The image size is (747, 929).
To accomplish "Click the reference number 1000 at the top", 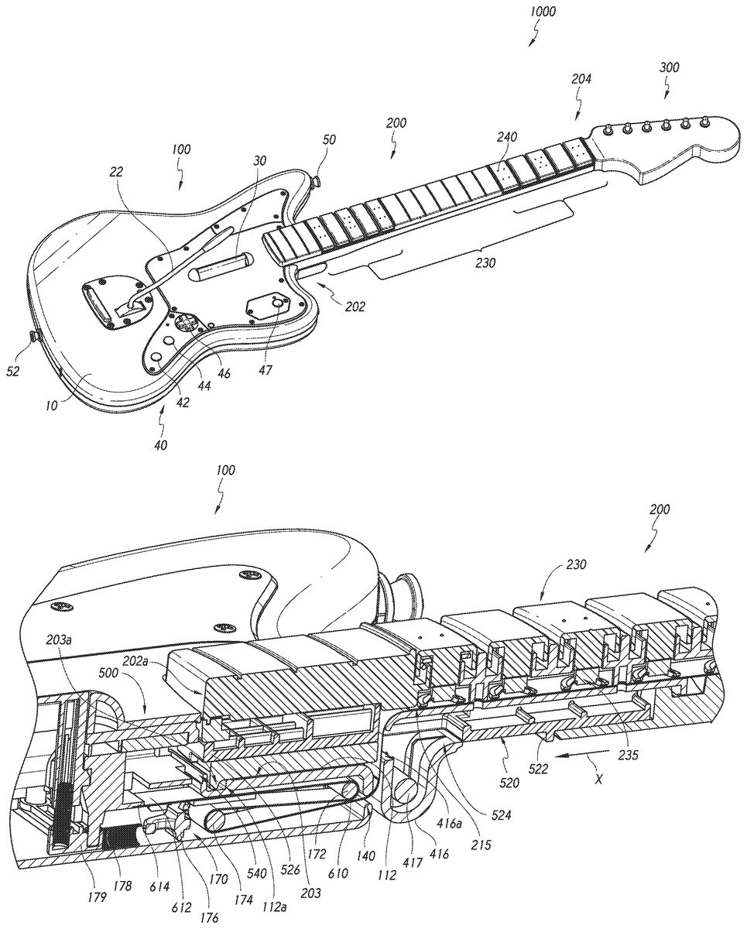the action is (543, 11).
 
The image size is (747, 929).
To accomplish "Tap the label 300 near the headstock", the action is (670, 68).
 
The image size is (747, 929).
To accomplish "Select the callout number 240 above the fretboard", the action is (507, 137).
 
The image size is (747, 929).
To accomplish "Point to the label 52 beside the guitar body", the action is (13, 371).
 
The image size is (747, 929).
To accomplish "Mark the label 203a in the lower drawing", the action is (60, 639).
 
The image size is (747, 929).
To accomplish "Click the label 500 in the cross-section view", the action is (109, 673).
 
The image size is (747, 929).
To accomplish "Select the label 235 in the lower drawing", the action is (629, 755).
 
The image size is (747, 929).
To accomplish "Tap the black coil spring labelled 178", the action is (118, 852).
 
